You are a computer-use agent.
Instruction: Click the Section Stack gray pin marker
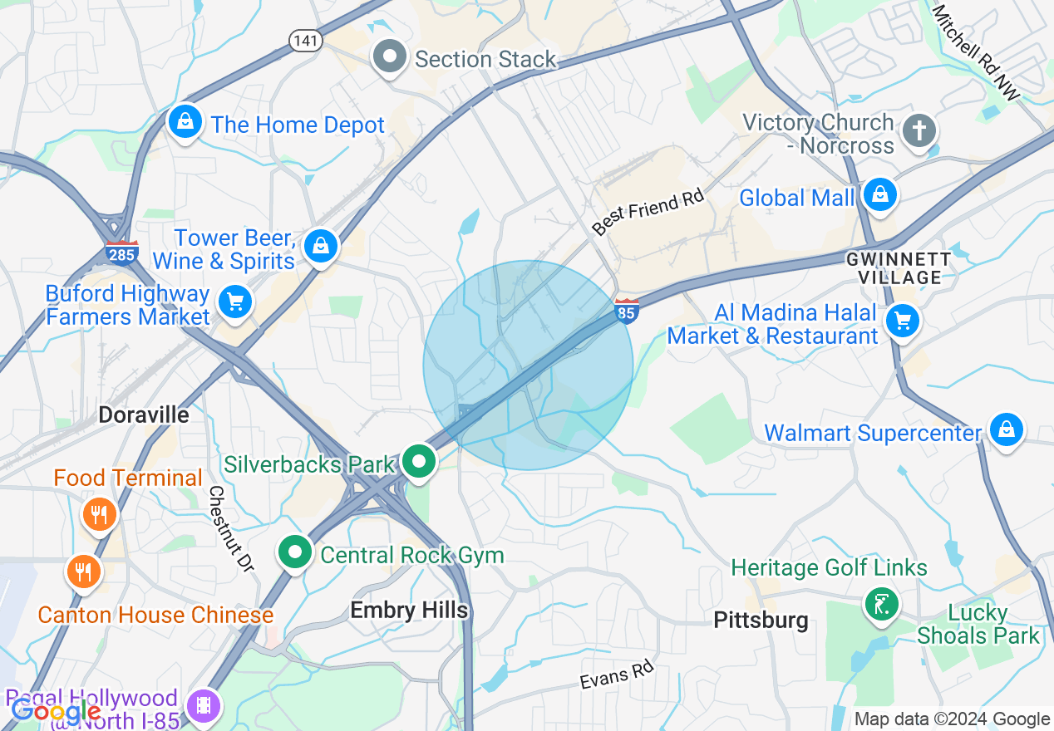389,58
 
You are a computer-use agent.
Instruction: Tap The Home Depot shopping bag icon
185,122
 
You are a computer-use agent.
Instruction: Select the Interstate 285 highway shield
121,252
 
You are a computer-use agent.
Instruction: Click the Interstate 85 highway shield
627,311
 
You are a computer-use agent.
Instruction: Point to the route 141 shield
306,41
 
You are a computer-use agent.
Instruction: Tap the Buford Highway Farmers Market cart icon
235,302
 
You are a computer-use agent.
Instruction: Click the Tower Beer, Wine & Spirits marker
320,246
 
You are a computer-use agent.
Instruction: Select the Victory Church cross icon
919,130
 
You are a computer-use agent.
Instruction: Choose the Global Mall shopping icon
879,195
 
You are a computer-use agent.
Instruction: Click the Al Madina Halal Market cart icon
903,321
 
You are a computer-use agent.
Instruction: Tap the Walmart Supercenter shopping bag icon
1007,429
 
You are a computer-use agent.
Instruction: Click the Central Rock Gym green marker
294,553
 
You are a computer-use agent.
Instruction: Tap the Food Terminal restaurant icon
99,514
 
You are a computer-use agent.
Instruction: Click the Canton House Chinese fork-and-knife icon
83,572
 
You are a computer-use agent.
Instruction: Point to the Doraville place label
144,415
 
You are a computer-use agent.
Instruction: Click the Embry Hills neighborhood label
409,611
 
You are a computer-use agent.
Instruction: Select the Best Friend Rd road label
648,213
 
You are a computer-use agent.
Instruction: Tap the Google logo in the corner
56,711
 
